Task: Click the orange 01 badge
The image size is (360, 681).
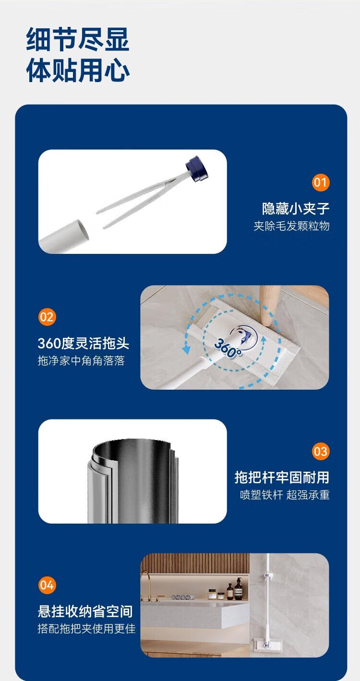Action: click(321, 182)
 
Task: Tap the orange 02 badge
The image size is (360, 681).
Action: click(47, 317)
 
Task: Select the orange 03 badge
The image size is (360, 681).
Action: click(321, 452)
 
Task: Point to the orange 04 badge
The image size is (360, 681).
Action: click(47, 585)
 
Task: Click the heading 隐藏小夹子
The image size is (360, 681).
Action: click(296, 209)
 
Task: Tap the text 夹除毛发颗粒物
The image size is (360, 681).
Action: click(291, 226)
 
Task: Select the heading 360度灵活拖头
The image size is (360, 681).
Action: click(84, 343)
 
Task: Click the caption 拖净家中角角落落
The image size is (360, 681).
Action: click(81, 360)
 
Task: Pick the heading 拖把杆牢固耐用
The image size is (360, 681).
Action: click(282, 478)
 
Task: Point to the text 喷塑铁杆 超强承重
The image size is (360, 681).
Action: click(285, 495)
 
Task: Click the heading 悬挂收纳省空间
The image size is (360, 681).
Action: click(85, 611)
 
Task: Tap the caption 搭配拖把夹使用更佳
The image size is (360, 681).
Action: click(87, 628)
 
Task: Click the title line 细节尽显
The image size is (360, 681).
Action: click(78, 39)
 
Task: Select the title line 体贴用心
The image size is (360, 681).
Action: click(78, 71)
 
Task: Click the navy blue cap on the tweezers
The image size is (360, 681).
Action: click(197, 168)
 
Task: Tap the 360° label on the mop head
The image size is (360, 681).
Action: click(228, 348)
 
